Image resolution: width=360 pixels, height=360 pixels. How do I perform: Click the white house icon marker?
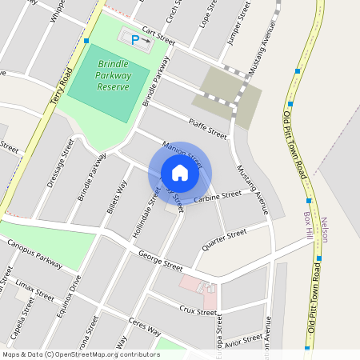[179, 173]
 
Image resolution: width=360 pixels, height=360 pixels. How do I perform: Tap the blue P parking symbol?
[135, 38]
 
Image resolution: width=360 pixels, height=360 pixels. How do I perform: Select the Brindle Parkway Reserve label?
[112, 75]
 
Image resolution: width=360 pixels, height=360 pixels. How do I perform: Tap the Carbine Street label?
[217, 195]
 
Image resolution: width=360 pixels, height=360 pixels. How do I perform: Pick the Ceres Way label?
[144, 328]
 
